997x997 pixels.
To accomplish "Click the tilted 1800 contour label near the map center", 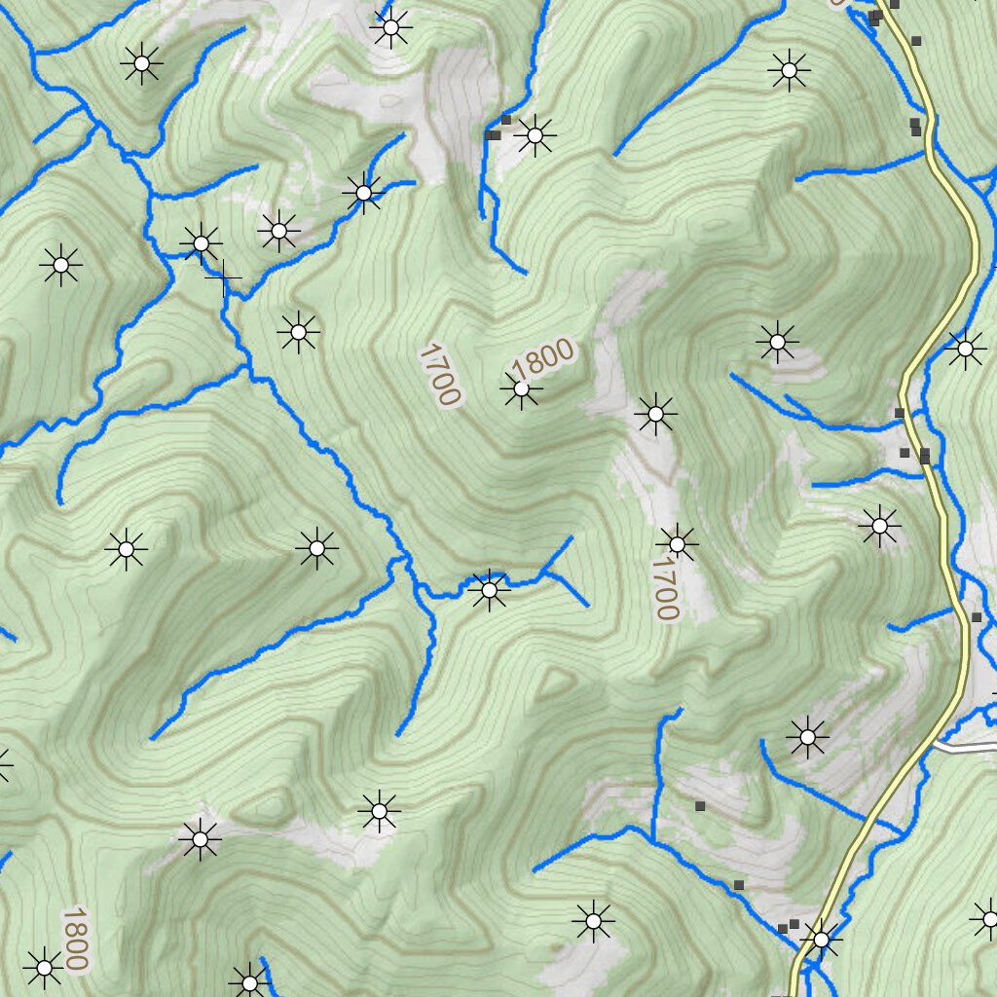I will [542, 360].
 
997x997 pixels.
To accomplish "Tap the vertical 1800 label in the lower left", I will [75, 939].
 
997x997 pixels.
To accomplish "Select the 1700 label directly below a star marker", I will [665, 589].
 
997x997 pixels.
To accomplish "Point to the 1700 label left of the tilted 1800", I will [437, 374].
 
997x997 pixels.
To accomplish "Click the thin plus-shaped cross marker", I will [223, 278].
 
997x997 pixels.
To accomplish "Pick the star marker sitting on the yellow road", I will [821, 940].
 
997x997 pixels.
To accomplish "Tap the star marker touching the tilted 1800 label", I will [521, 390].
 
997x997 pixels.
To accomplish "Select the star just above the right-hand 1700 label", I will [677, 542].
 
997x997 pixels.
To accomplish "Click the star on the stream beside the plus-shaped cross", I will [202, 242].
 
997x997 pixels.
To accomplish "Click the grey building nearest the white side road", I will [977, 617].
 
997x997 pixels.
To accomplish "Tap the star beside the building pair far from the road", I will [535, 135].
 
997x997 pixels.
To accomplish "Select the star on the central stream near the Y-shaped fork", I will [489, 589].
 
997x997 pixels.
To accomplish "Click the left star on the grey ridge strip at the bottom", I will [200, 838].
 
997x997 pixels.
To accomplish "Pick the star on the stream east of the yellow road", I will [965, 348].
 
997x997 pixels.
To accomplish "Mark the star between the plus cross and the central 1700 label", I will [298, 333].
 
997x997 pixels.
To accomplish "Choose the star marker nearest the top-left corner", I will [141, 64].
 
